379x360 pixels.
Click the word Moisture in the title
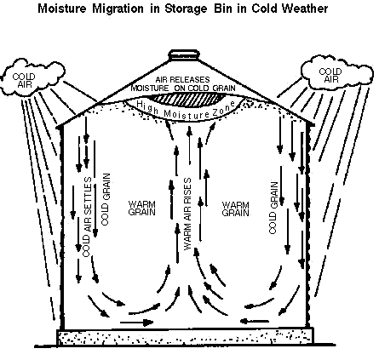pos(62,9)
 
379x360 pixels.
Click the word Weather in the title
pos(304,9)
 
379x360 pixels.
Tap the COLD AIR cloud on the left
pos(32,77)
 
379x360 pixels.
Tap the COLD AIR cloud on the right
pos(336,72)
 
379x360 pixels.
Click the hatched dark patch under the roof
pos(185,100)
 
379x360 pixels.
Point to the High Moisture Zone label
pos(186,110)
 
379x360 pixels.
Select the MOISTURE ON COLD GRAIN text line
pos(183,89)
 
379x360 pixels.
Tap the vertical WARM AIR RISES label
pos(187,214)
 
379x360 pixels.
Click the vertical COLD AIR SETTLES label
pos(87,217)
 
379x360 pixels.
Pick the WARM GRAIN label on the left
pos(141,209)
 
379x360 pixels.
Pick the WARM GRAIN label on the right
pos(235,209)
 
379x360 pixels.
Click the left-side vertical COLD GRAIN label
pos(106,199)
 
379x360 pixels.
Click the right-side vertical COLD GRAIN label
pos(273,208)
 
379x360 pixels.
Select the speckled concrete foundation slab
pos(186,337)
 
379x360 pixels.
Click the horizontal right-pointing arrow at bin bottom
pos(137,323)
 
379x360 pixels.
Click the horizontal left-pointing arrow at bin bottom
pos(255,322)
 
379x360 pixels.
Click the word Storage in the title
pos(186,9)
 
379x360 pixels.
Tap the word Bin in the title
pos(224,9)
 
